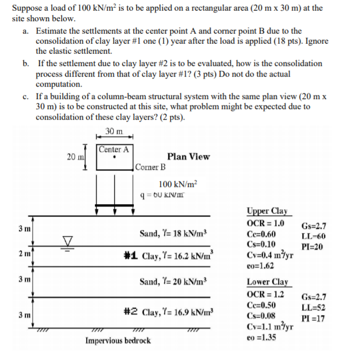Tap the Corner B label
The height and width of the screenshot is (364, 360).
(151, 167)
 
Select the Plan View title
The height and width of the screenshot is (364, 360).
(188, 156)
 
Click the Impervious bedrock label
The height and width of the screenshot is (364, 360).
(118, 340)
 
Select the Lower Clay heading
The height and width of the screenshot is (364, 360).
(266, 282)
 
